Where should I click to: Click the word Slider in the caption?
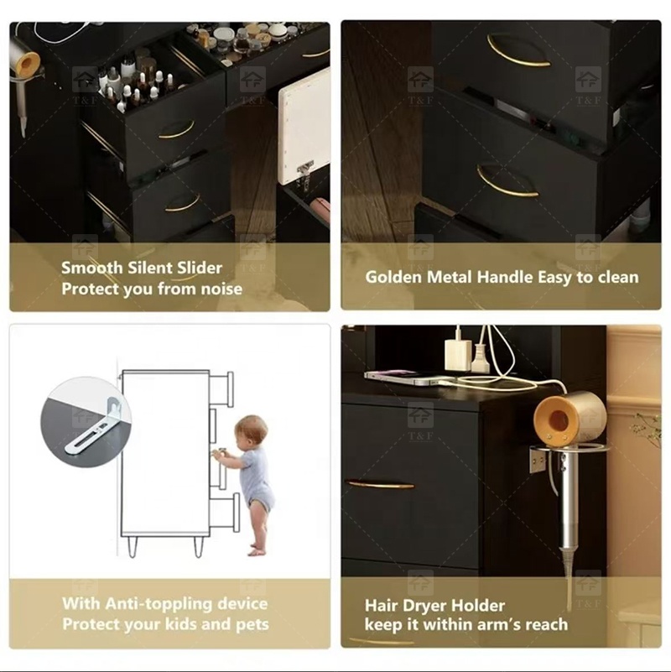(x=200, y=268)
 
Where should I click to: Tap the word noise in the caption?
(x=221, y=289)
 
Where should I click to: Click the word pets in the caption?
(x=252, y=625)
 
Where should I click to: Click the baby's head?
(x=252, y=430)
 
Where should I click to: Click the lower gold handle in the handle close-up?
(x=505, y=182)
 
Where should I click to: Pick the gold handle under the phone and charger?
(x=380, y=484)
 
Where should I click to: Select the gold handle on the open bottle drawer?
(x=177, y=130)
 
